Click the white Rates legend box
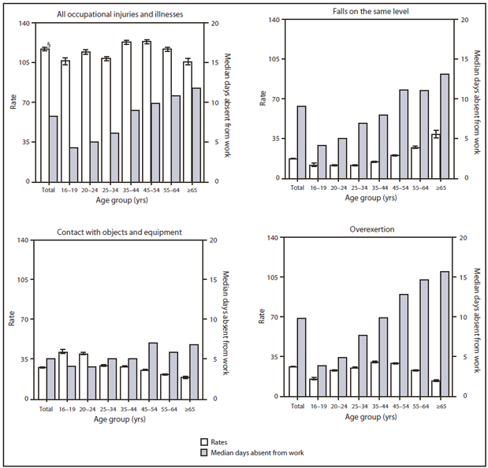pyautogui.click(x=203, y=442)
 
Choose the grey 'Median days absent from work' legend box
pyautogui.click(x=203, y=452)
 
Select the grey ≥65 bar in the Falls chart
pyautogui.click(x=445, y=126)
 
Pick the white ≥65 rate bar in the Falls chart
pyautogui.click(x=435, y=157)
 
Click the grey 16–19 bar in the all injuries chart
pyautogui.click(x=73, y=164)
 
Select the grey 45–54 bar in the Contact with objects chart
pyautogui.click(x=154, y=370)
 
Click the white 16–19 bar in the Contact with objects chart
pyautogui.click(x=63, y=375)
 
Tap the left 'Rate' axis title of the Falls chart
pyautogui.click(x=263, y=98)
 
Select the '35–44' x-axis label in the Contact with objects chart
pyautogui.click(x=128, y=409)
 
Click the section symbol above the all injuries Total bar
pyautogui.click(x=50, y=45)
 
